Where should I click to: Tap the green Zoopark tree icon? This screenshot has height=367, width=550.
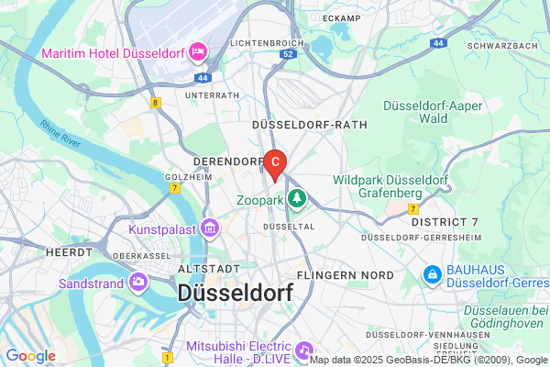tap(297, 197)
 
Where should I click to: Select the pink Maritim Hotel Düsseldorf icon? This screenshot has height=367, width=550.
tap(197, 51)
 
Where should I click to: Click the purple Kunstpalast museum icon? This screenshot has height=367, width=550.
tap(210, 227)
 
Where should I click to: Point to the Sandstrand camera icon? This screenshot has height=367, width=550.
tap(138, 282)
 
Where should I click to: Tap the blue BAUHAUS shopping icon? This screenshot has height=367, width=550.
tap(431, 274)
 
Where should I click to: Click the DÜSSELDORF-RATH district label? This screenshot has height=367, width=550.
tap(309, 125)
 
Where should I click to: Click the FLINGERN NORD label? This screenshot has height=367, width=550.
tap(346, 275)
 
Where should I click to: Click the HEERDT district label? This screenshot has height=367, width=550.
tap(68, 250)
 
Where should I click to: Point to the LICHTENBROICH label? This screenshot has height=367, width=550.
tap(266, 43)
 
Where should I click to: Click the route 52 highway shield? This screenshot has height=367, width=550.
tap(287, 54)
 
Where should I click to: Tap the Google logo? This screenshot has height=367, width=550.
tap(30, 356)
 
